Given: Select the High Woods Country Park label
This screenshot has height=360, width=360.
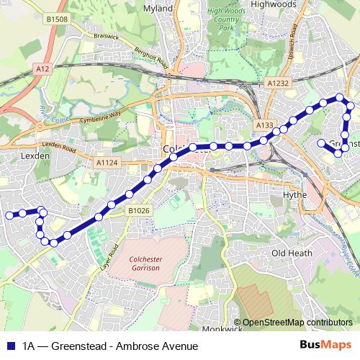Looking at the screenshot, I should click(227, 20).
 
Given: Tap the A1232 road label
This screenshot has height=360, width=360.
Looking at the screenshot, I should click(279, 83).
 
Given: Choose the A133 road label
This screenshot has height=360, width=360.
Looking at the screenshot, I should click(265, 126).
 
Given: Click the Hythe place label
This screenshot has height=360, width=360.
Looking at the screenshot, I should click(295, 194).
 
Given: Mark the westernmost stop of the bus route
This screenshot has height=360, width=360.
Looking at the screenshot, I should click(9, 215).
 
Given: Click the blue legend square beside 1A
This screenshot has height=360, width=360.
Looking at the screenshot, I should click(10, 346).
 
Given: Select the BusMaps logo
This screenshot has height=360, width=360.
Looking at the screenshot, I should click(325, 346).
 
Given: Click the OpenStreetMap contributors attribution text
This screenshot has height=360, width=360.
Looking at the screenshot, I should click(297, 323).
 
